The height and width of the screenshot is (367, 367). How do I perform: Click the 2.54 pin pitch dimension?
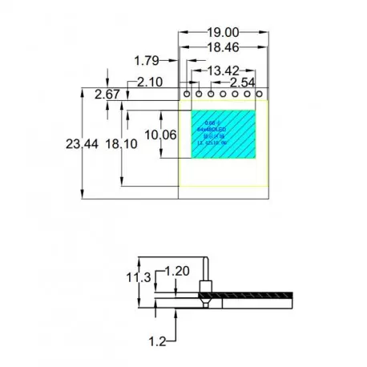pos(243,83)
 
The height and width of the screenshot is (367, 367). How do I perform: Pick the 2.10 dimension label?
pos(150,82)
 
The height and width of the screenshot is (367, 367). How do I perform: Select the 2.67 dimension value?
pos(107,95)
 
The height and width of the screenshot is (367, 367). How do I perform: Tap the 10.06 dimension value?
pos(159,134)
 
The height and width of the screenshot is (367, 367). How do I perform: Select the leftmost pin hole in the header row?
pos(187,94)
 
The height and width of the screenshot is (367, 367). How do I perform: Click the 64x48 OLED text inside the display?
pos(211,128)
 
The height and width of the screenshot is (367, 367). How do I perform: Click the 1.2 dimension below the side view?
pos(157,341)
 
